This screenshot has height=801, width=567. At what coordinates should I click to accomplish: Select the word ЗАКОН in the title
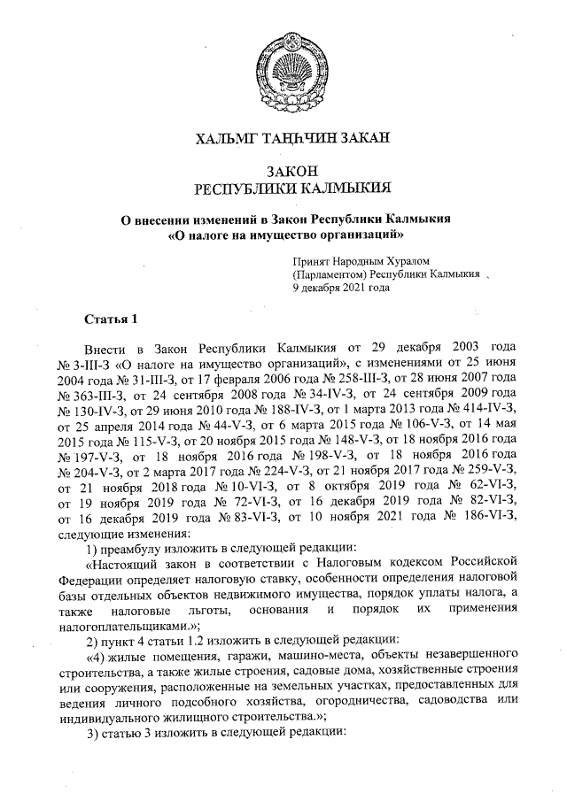coord(291,171)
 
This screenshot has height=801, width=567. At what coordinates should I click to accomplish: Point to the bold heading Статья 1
coord(111,318)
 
